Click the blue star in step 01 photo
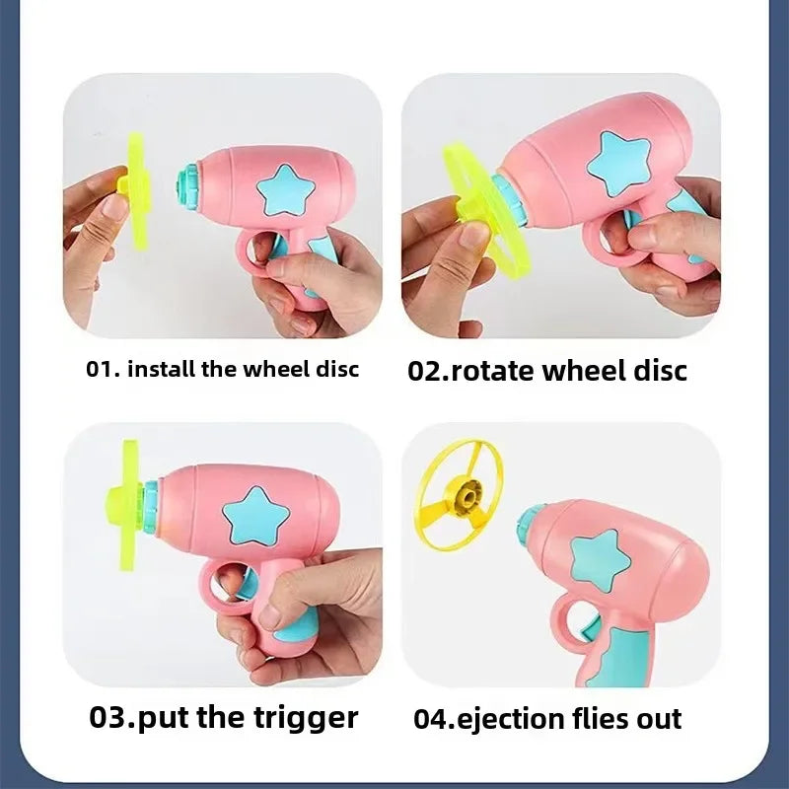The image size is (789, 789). coord(285,190)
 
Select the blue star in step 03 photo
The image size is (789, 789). coord(256,516)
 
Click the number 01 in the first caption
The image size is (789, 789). coord(99,369)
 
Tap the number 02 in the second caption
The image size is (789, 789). coord(424,372)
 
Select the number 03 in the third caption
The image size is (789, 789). coord(108,717)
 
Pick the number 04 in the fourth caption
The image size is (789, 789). coord(431,719)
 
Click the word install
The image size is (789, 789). coord(161,369)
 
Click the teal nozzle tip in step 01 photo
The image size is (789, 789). coord(187,185)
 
